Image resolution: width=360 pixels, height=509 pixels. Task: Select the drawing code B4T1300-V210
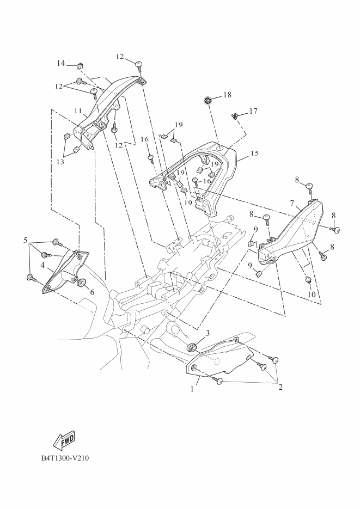[x=65, y=458]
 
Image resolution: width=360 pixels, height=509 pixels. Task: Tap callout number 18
[x=227, y=95]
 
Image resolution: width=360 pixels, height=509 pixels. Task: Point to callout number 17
[x=253, y=111]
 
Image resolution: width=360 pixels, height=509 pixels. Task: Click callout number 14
[x=61, y=64]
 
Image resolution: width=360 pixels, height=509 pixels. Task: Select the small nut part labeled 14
[x=80, y=66]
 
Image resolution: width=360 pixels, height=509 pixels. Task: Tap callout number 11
[x=78, y=111]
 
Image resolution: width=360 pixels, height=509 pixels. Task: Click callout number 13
[x=59, y=162]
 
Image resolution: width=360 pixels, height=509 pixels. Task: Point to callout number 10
[x=312, y=295]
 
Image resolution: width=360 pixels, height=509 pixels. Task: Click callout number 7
[x=292, y=204]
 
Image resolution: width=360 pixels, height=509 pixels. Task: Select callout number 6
[x=92, y=292]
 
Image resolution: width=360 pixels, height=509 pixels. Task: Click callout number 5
[x=25, y=240]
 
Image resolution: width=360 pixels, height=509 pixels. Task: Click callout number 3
[x=208, y=333]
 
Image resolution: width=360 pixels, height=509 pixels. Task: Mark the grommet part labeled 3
[x=192, y=347]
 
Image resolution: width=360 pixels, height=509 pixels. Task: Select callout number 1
[x=192, y=390]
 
